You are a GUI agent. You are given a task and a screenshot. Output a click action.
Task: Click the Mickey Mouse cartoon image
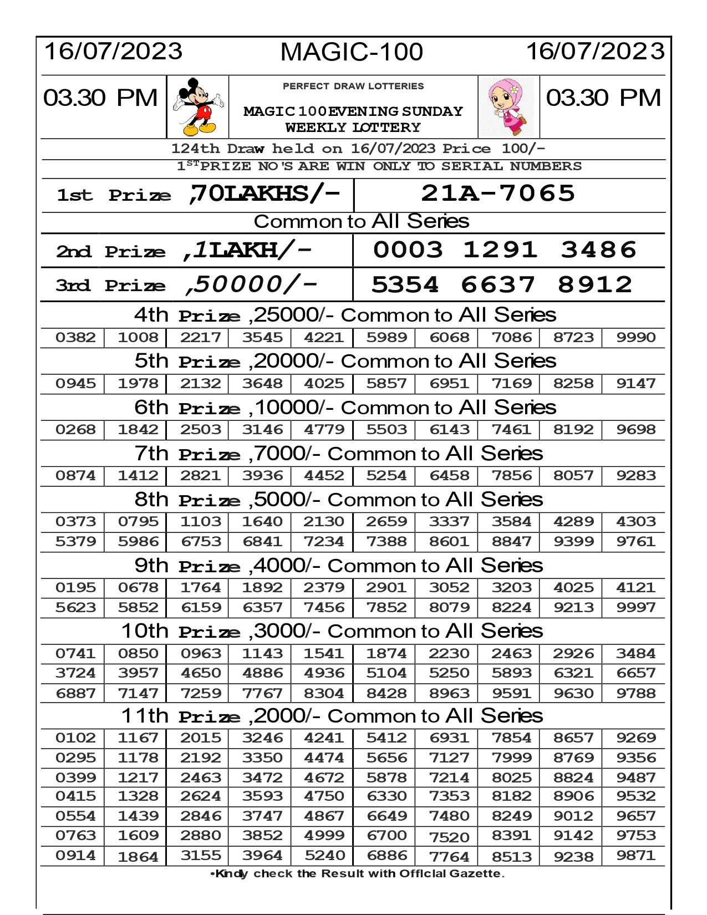coord(198,107)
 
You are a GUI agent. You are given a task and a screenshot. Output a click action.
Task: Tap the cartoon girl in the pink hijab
coord(508,107)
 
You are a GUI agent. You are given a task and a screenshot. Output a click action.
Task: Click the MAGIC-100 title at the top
coord(352,52)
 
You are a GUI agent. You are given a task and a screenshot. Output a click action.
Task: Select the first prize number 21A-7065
coord(498,193)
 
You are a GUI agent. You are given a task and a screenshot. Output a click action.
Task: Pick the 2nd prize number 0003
coord(408,250)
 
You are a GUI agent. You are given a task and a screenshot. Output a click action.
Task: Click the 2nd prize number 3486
coord(599,250)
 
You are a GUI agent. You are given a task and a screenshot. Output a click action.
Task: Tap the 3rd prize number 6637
coord(498,284)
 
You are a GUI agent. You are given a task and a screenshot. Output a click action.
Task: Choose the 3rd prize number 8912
coord(595,284)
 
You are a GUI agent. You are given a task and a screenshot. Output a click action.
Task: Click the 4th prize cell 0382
coord(75,337)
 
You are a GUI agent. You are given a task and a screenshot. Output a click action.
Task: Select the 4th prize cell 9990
coord(636,337)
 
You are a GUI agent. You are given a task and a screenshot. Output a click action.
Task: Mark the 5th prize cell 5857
coord(386,383)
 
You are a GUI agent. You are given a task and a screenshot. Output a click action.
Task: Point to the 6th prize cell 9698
coord(636,429)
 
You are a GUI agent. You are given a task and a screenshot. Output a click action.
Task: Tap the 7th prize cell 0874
coord(75,475)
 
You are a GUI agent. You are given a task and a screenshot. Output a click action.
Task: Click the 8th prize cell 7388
coord(386,541)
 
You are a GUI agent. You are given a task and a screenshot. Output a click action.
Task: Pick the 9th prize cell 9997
coord(636,607)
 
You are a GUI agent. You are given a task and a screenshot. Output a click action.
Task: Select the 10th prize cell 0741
coord(75,653)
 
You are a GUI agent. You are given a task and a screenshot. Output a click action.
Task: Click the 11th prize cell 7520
coord(449,837)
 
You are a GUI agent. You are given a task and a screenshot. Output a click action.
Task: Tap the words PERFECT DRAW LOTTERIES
coord(353,86)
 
